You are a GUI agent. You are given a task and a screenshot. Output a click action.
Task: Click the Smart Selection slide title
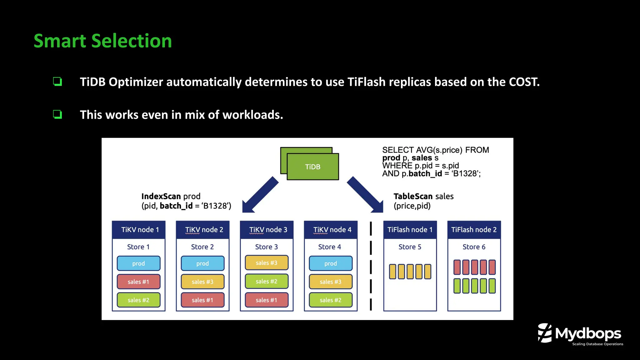103,41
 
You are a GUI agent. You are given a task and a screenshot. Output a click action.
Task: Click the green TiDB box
312,167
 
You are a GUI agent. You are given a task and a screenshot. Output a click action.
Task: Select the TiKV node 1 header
139,230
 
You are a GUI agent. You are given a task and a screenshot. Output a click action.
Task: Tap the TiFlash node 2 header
474,230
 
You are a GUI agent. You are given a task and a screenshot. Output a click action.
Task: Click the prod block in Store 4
331,263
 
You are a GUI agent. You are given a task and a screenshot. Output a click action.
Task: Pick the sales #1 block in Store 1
138,282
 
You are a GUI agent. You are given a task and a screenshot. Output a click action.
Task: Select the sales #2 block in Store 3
267,281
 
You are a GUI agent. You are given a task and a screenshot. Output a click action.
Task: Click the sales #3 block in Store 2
202,282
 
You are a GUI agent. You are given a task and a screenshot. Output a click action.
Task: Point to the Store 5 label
410,247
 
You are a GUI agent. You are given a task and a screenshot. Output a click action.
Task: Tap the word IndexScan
161,196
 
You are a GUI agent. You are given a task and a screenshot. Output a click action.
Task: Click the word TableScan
413,196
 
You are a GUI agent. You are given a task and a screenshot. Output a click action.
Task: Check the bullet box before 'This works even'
57,114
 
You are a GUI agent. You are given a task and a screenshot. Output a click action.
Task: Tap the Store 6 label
474,247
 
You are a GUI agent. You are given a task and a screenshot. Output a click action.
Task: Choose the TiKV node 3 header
268,230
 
